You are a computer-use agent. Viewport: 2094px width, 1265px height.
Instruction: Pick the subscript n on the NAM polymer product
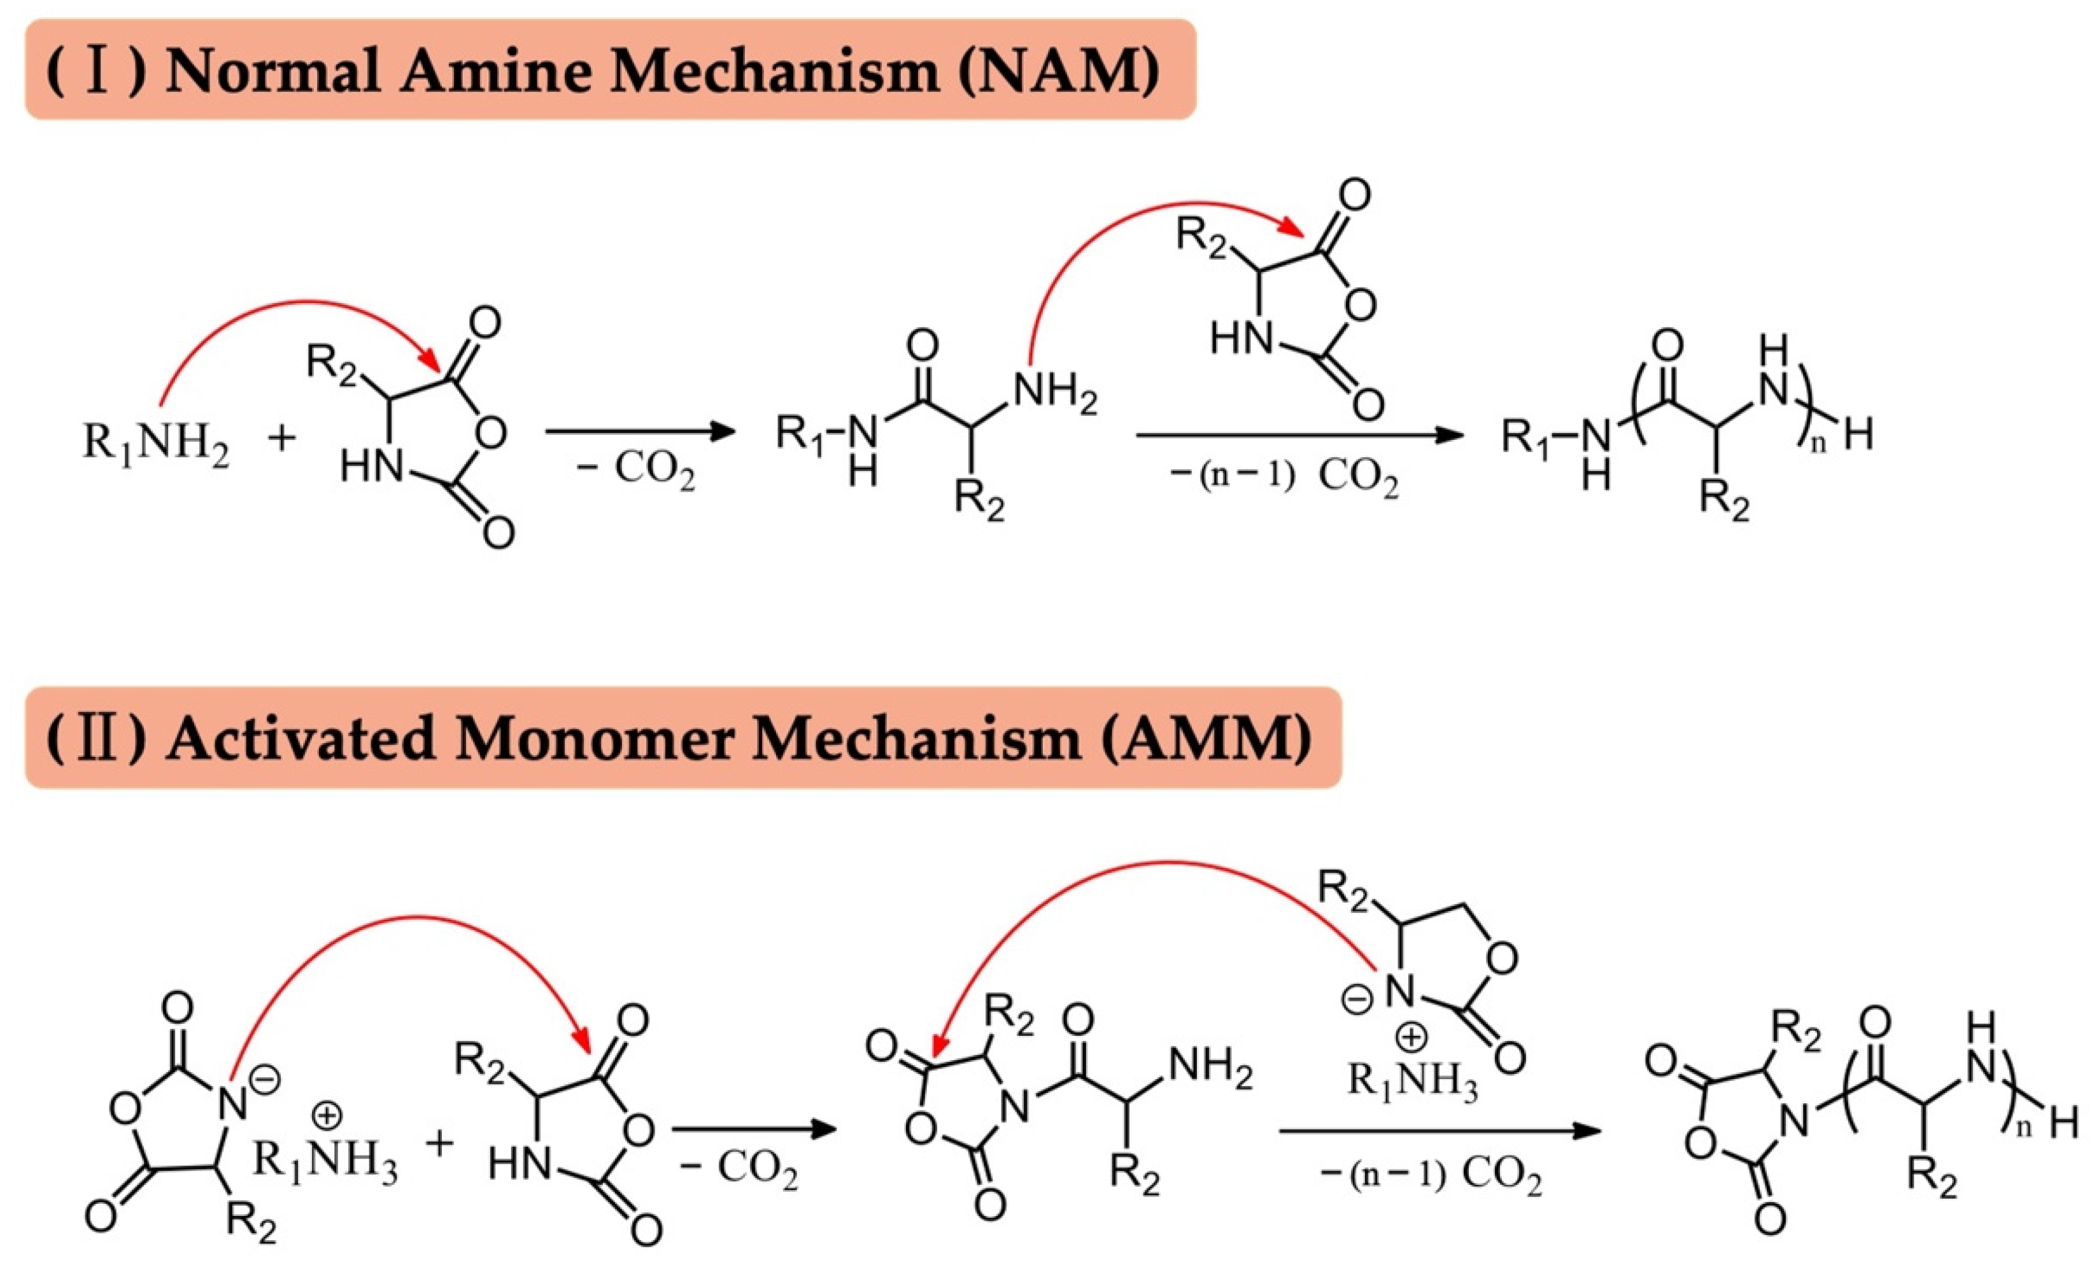pyautogui.click(x=1818, y=445)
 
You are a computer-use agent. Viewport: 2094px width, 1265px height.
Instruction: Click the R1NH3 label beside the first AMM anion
pyautogui.click(x=325, y=1161)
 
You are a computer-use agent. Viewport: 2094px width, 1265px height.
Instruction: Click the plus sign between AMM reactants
pyautogui.click(x=439, y=1143)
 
